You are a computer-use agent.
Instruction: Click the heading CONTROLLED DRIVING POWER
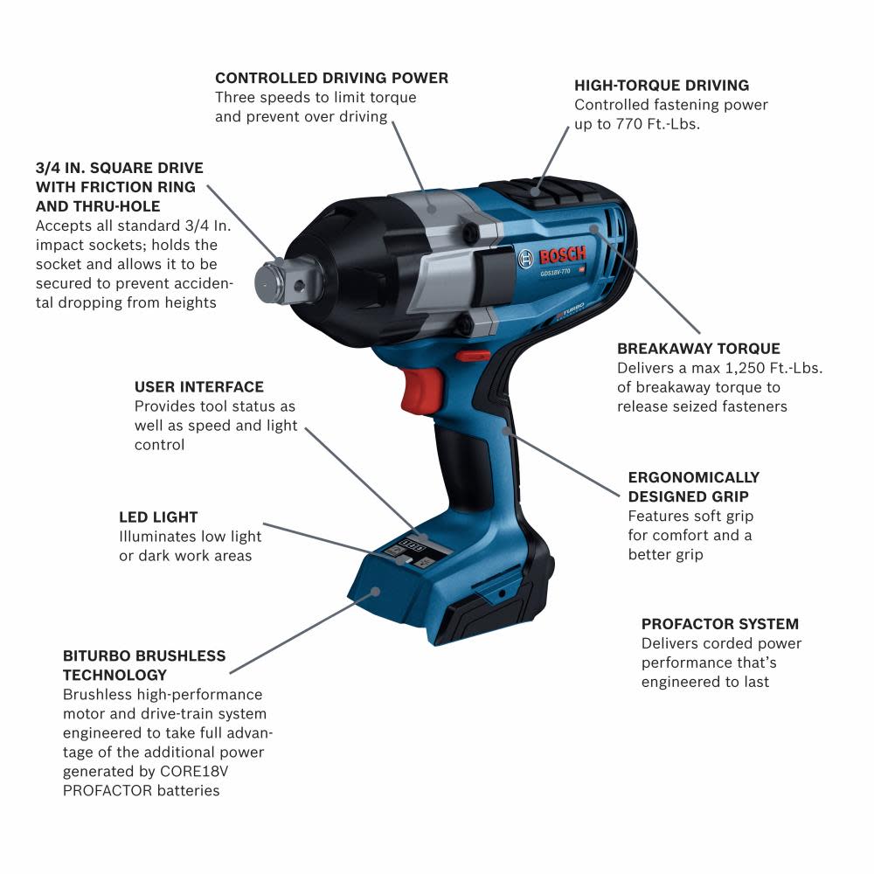pyautogui.click(x=331, y=78)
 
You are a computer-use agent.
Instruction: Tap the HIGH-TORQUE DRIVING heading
pyautogui.click(x=662, y=86)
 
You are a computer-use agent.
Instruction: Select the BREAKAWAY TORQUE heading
pyautogui.click(x=698, y=349)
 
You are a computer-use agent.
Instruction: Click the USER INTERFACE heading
pyautogui.click(x=198, y=386)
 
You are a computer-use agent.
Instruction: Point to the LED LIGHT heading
pyautogui.click(x=158, y=517)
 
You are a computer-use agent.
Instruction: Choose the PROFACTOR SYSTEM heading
pyautogui.click(x=720, y=624)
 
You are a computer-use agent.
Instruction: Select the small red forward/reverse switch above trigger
pyautogui.click(x=472, y=356)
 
